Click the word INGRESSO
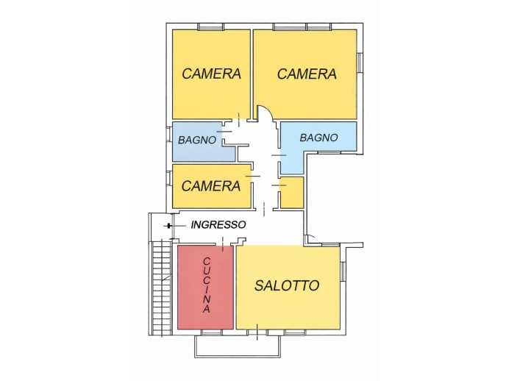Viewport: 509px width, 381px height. coord(218,225)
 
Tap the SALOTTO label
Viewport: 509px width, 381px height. coord(287,285)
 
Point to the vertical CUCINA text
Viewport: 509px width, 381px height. coord(207,285)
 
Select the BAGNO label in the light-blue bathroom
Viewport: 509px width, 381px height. coord(318,138)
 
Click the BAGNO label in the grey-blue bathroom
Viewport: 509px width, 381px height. coord(196,139)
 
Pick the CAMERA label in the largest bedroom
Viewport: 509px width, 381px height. coord(307,74)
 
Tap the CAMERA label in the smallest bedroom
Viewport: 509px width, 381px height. coord(211,186)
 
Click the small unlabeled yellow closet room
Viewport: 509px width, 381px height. coord(293,192)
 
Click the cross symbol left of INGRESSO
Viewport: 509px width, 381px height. coord(169,226)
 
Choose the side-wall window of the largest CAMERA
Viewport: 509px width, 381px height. coord(360,63)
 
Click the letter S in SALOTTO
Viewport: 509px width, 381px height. coord(259,285)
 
